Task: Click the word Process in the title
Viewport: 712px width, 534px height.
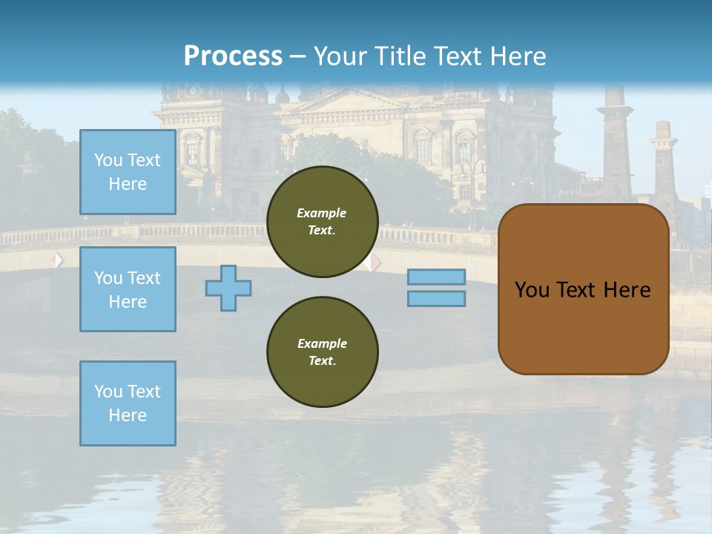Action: [x=233, y=56]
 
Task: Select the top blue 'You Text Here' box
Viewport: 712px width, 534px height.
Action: [x=128, y=172]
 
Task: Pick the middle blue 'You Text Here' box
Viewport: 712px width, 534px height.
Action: [x=128, y=289]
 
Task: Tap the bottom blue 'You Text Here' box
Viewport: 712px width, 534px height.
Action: [x=128, y=403]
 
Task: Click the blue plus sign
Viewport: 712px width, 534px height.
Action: [x=228, y=288]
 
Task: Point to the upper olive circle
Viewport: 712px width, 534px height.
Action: [x=322, y=222]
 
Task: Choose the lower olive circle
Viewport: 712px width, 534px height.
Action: [x=322, y=352]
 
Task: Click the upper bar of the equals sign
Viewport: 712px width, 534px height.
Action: [x=436, y=277]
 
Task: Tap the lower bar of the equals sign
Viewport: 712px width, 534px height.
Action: [x=436, y=298]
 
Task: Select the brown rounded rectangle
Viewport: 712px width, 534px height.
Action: [x=583, y=289]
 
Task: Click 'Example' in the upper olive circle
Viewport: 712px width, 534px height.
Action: [x=322, y=213]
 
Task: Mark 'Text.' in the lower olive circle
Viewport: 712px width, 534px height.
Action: [x=322, y=361]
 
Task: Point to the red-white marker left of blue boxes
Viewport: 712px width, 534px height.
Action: [x=57, y=260]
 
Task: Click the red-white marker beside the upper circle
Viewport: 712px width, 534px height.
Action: [x=374, y=262]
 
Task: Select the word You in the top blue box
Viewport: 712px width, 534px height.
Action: [x=108, y=160]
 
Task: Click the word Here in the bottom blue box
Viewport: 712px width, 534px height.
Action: [x=128, y=415]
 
